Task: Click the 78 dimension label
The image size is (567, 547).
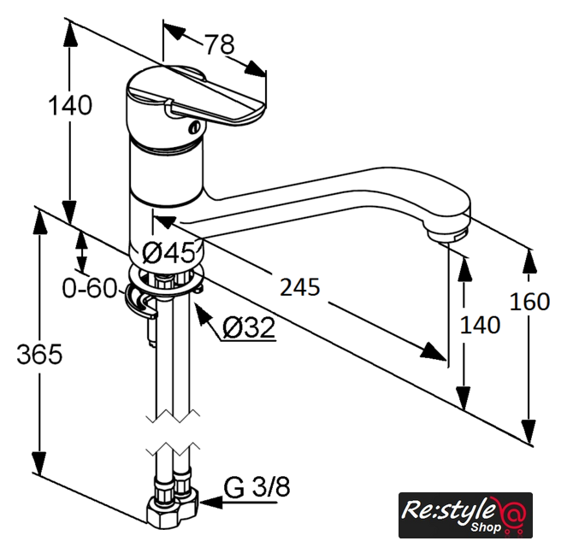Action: [x=221, y=44]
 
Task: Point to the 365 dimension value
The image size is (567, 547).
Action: [x=39, y=354]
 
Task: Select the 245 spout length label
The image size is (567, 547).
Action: [x=300, y=287]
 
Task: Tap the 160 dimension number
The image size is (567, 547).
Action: [x=529, y=302]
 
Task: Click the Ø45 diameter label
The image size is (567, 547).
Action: [x=168, y=252]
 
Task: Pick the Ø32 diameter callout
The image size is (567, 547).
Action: [x=249, y=327]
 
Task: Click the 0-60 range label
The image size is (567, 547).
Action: [x=90, y=288]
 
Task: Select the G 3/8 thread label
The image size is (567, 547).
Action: [x=257, y=487]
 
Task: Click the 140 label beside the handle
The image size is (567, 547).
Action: [x=70, y=105]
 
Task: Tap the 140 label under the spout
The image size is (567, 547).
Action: [x=480, y=325]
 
